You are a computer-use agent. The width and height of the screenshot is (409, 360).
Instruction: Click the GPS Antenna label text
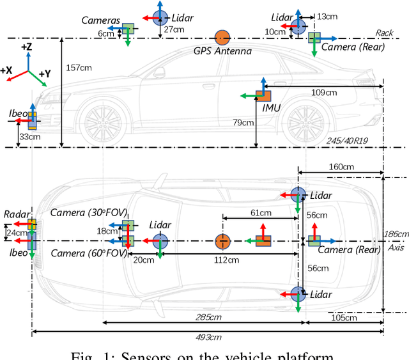click(223, 51)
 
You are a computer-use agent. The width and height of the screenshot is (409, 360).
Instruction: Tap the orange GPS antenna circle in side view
click(222, 38)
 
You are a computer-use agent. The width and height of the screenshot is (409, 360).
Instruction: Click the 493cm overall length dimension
click(208, 337)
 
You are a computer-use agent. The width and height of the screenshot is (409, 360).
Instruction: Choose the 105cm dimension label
click(344, 318)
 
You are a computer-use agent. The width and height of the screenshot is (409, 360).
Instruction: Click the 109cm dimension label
click(323, 92)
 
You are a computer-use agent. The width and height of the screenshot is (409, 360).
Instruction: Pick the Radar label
click(14, 214)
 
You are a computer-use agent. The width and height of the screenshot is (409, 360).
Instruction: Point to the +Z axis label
click(27, 47)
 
